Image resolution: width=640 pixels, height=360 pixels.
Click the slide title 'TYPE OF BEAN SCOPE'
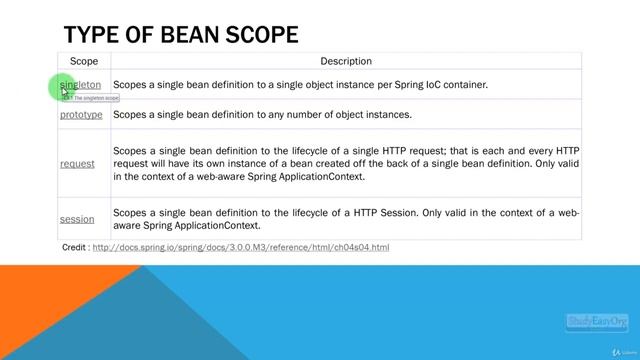[x=180, y=35]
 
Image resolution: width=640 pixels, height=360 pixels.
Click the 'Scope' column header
[x=84, y=62]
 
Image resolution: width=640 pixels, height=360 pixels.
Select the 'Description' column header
[x=345, y=62]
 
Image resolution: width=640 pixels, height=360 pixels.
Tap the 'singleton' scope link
[x=82, y=85]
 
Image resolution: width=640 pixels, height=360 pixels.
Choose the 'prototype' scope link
[x=81, y=115]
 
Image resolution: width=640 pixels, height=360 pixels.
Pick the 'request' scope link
[x=77, y=164]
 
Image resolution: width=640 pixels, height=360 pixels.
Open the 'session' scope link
[x=77, y=219]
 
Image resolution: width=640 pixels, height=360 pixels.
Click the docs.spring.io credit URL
[x=240, y=247]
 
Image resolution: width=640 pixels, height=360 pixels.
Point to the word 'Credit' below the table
[x=73, y=247]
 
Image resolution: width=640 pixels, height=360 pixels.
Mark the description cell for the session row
[x=345, y=219]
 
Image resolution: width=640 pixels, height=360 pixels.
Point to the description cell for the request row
[x=345, y=164]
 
